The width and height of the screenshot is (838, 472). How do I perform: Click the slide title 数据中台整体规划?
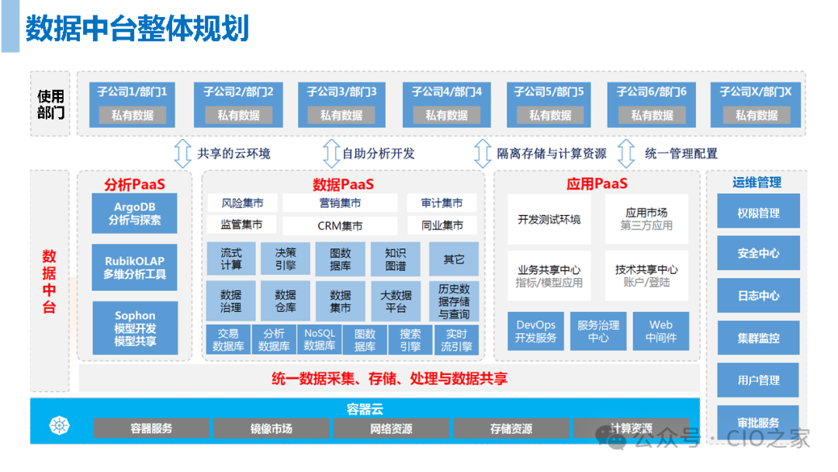[x=137, y=28]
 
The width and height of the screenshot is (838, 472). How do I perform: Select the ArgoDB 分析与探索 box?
[x=135, y=213]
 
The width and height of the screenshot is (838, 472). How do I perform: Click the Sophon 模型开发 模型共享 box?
[x=135, y=328]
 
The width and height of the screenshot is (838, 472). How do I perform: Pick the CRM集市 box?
[x=340, y=226]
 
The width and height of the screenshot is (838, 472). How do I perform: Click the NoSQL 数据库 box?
[x=320, y=340]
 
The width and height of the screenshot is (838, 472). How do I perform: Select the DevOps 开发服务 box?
[x=535, y=331]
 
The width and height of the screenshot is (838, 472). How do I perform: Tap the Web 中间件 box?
[x=661, y=331]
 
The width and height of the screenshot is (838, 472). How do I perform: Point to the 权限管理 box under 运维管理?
[x=758, y=213]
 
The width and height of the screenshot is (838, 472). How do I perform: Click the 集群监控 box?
[x=758, y=338]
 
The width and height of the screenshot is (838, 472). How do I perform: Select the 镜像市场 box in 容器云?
[x=271, y=429]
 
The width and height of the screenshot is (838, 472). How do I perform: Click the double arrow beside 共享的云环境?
[x=183, y=154]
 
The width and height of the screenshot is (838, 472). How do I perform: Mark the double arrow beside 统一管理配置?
[x=626, y=154]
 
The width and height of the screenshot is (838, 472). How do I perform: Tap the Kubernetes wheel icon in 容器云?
[x=60, y=425]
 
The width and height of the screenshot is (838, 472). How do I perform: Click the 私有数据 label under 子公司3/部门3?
[x=341, y=115]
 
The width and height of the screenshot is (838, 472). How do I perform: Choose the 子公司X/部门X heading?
[x=755, y=92]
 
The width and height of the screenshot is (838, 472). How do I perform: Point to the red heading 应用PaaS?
[x=597, y=183]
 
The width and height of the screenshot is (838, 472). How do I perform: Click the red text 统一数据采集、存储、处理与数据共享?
[x=390, y=379]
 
